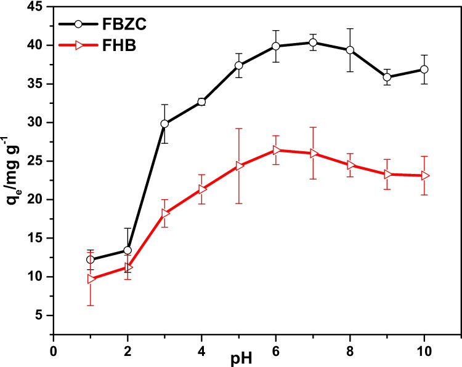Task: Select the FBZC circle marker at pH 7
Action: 313,42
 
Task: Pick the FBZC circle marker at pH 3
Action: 164,124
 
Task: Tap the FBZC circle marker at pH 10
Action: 424,69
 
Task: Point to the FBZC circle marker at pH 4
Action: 201,102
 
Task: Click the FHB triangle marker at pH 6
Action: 276,150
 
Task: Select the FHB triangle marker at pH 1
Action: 91,278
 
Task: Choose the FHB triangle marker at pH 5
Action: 239,165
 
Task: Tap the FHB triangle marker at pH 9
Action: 387,174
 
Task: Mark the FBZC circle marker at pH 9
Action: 387,77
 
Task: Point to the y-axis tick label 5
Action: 40,315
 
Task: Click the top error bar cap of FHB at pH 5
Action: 239,128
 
